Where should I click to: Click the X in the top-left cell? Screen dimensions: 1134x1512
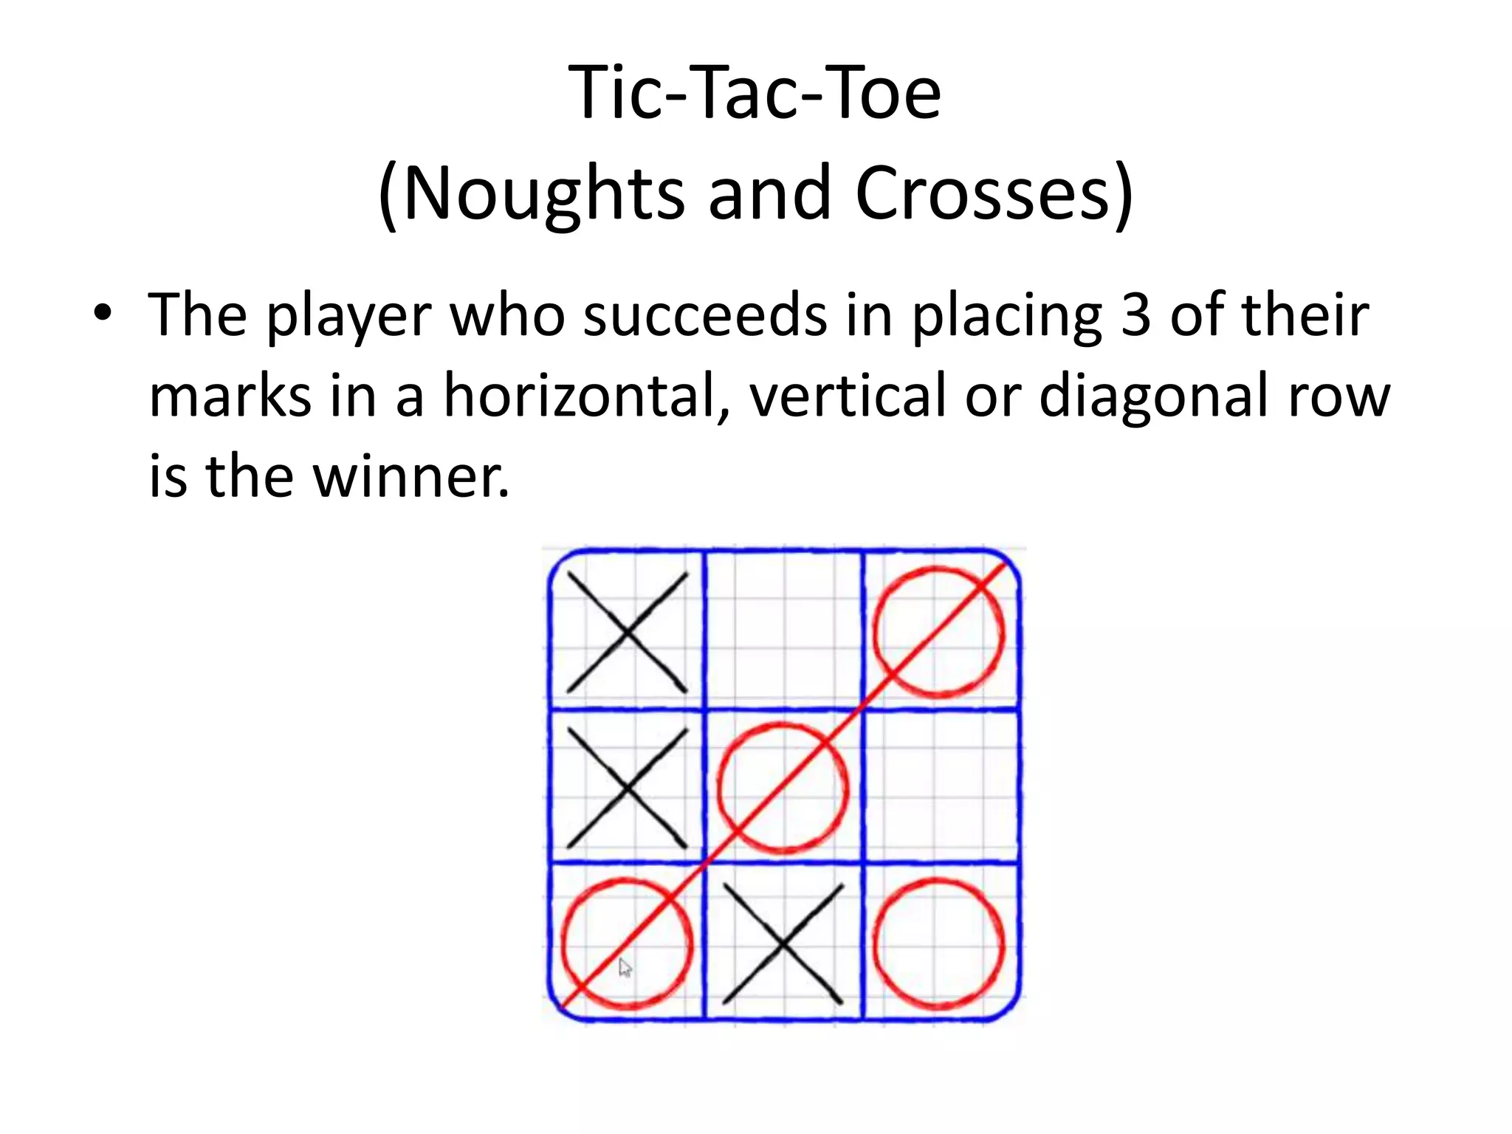(627, 633)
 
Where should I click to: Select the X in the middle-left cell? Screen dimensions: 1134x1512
(627, 788)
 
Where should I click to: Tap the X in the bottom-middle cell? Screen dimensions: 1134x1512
(783, 944)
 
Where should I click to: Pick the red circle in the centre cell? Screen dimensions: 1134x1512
(783, 788)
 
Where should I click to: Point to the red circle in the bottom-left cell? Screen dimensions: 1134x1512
(627, 944)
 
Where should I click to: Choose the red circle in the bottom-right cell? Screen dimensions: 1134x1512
(939, 944)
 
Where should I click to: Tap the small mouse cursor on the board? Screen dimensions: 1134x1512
(625, 967)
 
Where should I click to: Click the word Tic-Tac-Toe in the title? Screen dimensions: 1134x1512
(755, 93)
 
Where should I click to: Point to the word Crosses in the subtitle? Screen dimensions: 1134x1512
(983, 193)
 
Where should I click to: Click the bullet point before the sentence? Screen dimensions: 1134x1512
(103, 313)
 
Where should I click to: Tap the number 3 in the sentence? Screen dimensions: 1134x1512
(1135, 315)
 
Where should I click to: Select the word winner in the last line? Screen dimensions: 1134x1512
(410, 476)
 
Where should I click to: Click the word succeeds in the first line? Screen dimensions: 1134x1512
(705, 315)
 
